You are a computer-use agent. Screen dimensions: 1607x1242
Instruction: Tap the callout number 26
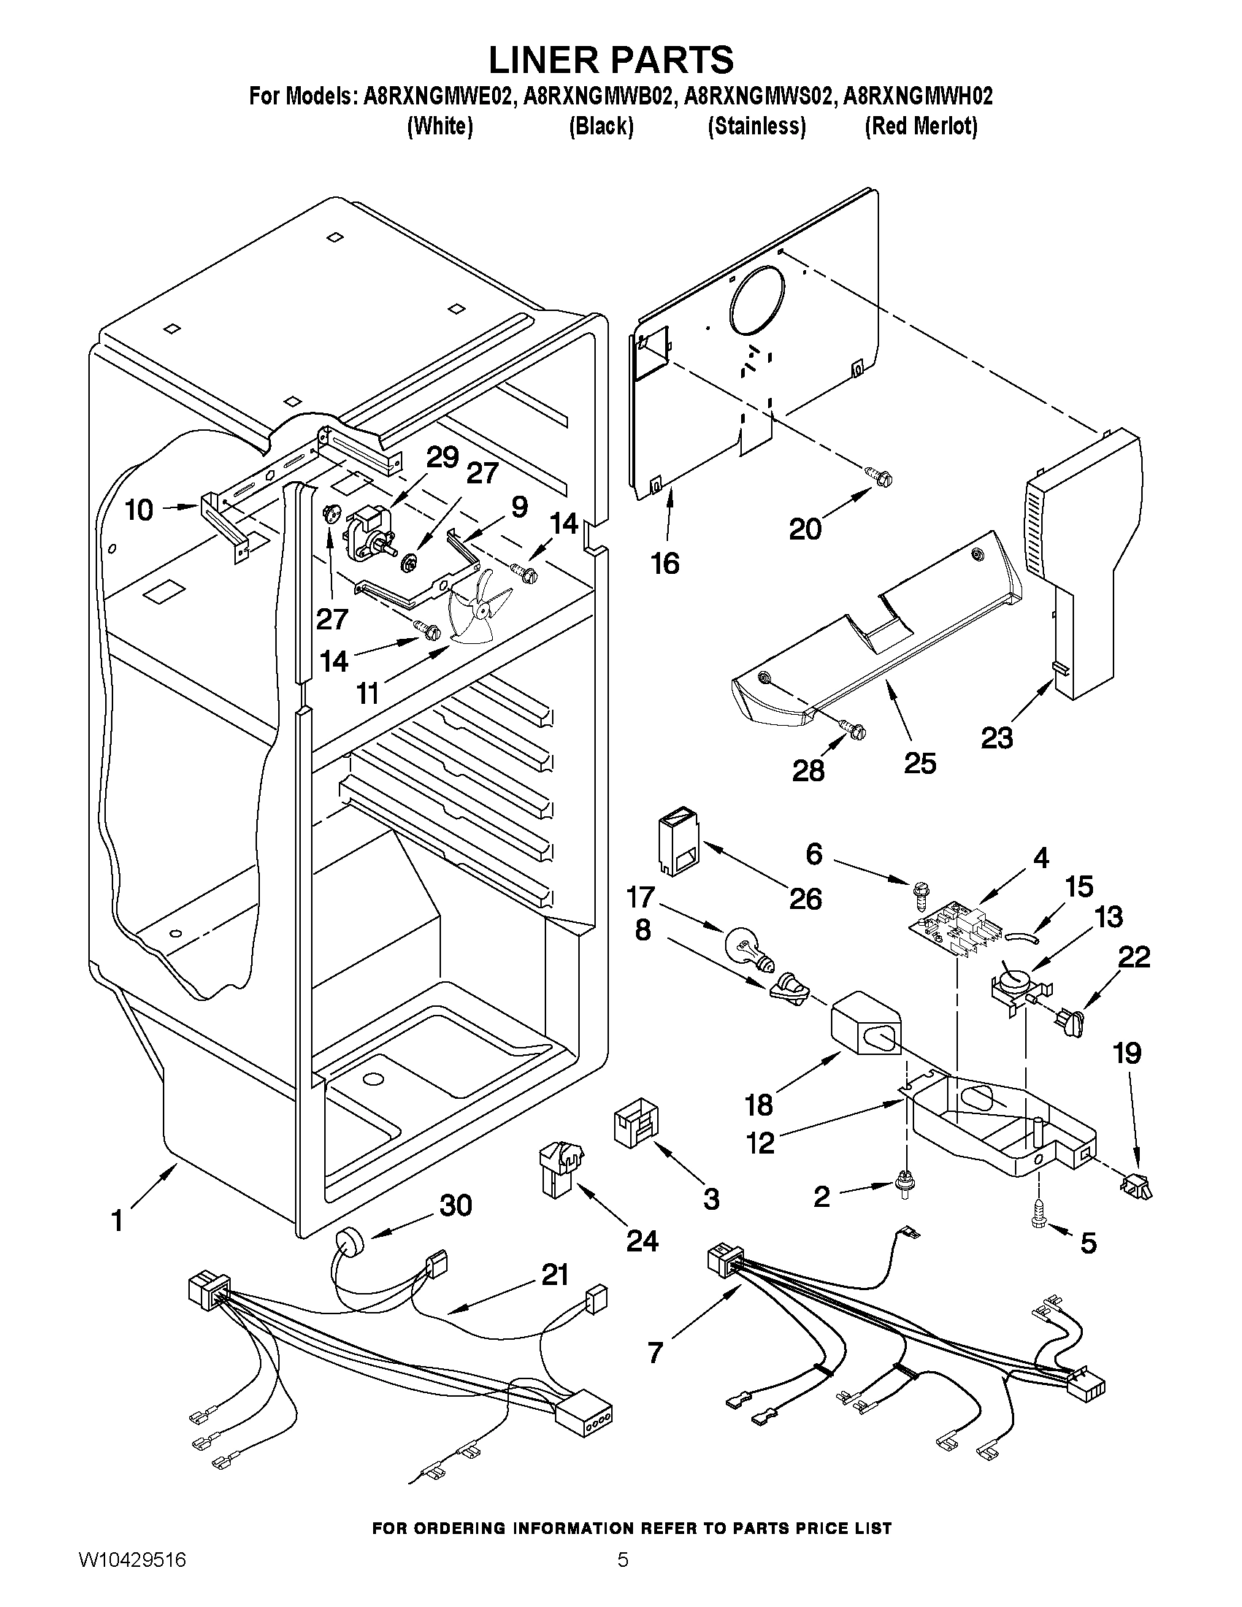tap(805, 900)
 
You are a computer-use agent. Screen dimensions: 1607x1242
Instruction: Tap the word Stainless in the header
tap(756, 126)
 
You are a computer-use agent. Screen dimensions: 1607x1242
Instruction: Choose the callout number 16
tap(664, 564)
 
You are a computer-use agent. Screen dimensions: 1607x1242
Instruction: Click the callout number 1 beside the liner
tap(117, 1221)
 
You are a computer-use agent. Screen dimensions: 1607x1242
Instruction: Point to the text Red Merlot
tap(921, 126)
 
